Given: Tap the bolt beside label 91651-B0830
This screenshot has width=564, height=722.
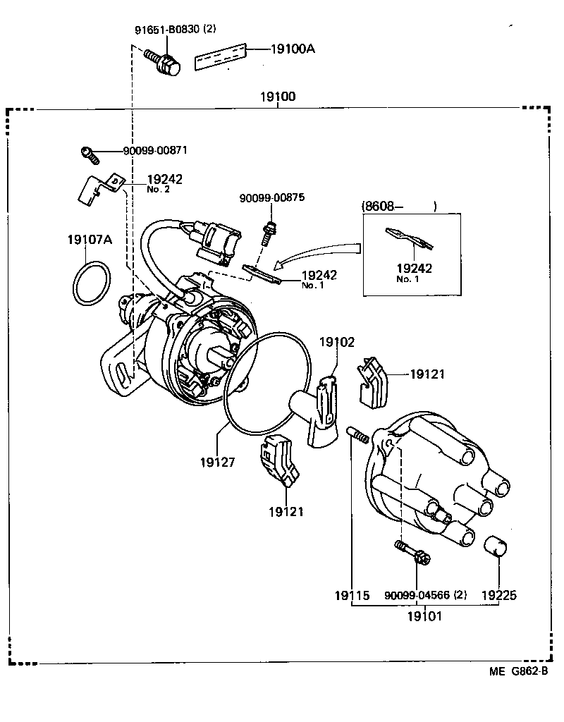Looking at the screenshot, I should pyautogui.click(x=164, y=62).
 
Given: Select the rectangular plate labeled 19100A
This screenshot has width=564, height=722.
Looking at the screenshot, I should pyautogui.click(x=221, y=56).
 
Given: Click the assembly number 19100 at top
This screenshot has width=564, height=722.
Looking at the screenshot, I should pyautogui.click(x=277, y=97).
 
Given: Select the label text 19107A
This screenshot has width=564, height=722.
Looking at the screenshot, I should pyautogui.click(x=90, y=240).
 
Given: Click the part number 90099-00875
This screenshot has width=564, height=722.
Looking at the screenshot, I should pyautogui.click(x=271, y=198).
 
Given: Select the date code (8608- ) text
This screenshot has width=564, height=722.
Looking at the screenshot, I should pyautogui.click(x=398, y=207).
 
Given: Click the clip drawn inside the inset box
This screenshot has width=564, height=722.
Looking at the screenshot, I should pyautogui.click(x=408, y=240).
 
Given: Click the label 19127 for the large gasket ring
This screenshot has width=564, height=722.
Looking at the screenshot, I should pyautogui.click(x=216, y=462).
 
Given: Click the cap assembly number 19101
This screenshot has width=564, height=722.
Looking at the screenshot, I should pyautogui.click(x=424, y=616).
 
